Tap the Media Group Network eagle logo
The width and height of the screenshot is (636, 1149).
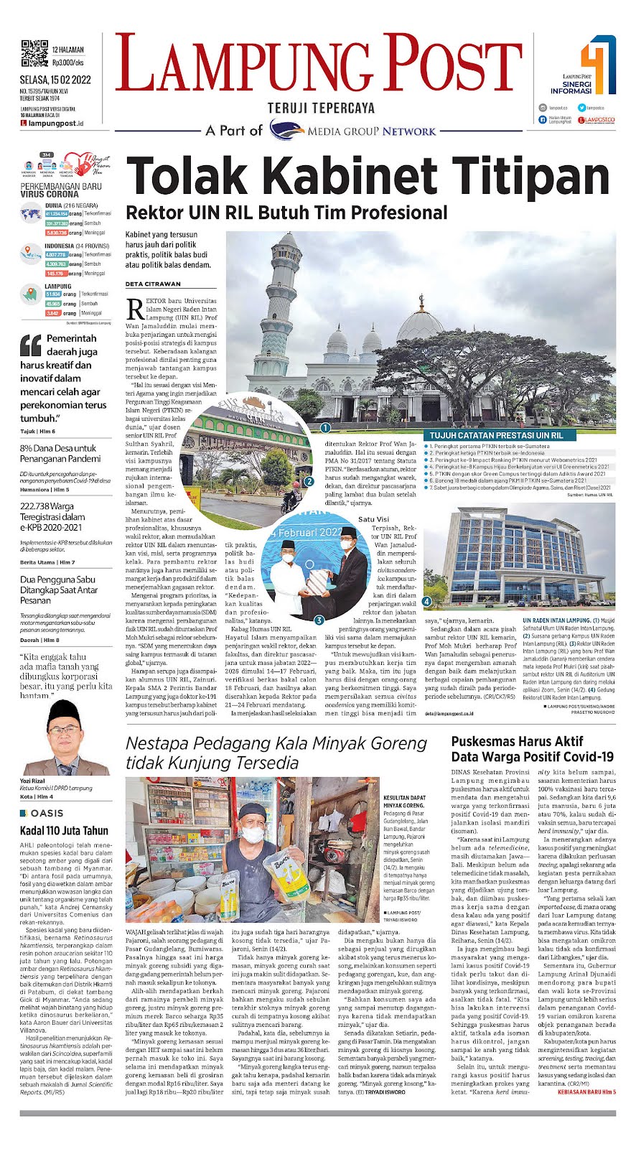pyautogui.click(x=287, y=130)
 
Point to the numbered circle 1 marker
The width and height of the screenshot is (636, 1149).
pyautogui.click(x=325, y=427)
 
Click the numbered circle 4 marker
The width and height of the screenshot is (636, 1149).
pyautogui.click(x=427, y=600)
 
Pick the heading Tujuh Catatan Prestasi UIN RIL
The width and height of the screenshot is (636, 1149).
pyautogui.click(x=496, y=435)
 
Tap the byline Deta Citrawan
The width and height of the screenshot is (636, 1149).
pyautogui.click(x=153, y=284)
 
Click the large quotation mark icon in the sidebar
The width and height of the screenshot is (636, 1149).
pyautogui.click(x=31, y=345)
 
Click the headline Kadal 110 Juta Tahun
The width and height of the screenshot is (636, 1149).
pyautogui.click(x=64, y=831)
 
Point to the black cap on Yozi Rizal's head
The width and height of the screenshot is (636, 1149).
pyautogui.click(x=64, y=710)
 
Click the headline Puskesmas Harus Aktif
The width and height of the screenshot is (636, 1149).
pyautogui.click(x=517, y=741)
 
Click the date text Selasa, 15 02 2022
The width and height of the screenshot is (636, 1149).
pyautogui.click(x=55, y=80)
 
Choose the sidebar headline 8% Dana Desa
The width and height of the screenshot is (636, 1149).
pyautogui.click(x=57, y=448)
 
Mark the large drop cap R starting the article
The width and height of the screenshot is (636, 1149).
pyautogui.click(x=134, y=310)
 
